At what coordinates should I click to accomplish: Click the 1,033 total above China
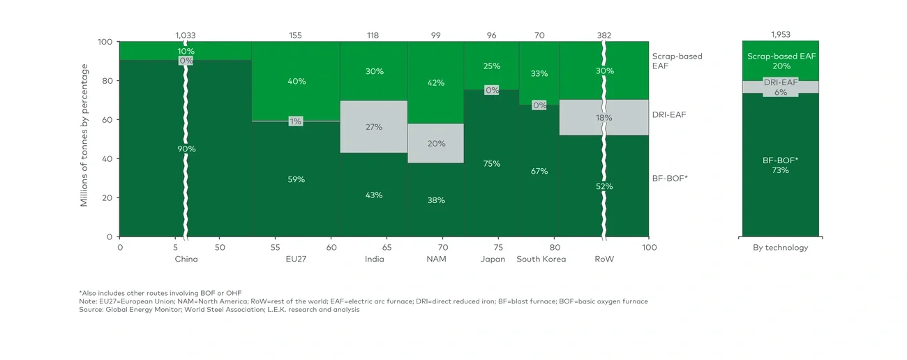(186, 35)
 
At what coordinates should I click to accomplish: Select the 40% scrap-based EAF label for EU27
(296, 82)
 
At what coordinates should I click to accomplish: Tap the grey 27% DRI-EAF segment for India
(373, 127)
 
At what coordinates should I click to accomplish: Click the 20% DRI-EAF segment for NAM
(435, 144)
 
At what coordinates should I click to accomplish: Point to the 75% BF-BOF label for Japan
(491, 164)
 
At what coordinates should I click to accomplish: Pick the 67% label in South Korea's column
(539, 171)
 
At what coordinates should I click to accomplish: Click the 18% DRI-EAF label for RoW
(604, 118)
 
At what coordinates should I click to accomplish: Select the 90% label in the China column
(186, 149)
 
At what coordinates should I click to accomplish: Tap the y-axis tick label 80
(107, 81)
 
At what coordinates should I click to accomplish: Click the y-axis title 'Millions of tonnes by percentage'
(84, 135)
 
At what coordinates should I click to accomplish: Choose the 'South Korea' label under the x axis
(541, 260)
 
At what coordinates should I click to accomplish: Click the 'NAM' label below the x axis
(436, 260)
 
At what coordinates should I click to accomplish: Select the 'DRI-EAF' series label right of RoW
(668, 114)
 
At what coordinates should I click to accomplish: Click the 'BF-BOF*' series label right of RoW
(670, 179)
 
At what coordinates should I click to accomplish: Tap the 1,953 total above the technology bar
(780, 35)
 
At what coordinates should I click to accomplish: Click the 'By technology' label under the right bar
(780, 248)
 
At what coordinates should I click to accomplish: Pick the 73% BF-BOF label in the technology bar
(780, 170)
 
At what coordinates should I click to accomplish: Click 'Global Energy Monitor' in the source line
(138, 309)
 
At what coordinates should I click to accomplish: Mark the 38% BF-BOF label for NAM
(435, 200)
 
